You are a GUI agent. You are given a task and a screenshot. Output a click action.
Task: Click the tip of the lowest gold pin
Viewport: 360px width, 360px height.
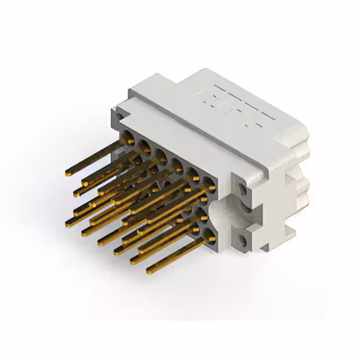coord(149,272)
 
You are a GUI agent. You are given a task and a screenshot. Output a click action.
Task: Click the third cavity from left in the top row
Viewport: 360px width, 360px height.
coord(161,155)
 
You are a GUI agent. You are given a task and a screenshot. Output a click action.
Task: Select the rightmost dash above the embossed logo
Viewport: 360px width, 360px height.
coord(269,116)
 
